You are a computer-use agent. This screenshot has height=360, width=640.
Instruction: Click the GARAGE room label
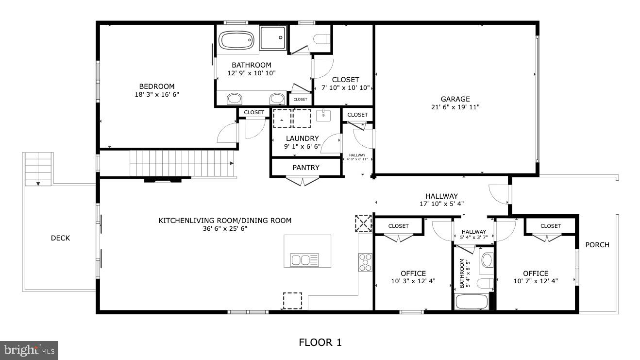[x=455, y=99]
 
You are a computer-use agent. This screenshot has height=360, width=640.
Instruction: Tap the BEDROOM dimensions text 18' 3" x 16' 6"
[x=157, y=95]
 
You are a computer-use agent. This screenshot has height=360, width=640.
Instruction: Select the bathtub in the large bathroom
[x=236, y=39]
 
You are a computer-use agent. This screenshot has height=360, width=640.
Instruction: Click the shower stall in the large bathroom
[x=272, y=38]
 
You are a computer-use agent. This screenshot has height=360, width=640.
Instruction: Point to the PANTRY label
[x=306, y=168]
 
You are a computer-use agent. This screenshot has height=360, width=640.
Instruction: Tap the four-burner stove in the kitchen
[x=365, y=262]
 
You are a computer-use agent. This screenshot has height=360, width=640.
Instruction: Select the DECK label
[x=60, y=238]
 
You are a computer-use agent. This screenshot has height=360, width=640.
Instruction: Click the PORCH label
[x=597, y=245]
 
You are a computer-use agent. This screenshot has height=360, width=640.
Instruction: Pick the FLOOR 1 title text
[x=320, y=343]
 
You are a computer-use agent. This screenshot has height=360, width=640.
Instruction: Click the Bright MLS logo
[x=29, y=350]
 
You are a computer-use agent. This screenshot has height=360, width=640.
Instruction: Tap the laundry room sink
[x=323, y=116]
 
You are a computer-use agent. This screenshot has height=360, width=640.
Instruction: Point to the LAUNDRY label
[x=302, y=138]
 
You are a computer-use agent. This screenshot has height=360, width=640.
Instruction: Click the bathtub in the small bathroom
[x=472, y=302]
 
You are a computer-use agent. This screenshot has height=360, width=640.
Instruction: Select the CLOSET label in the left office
[x=398, y=226]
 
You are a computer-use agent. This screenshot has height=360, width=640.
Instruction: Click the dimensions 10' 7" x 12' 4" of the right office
[x=536, y=281]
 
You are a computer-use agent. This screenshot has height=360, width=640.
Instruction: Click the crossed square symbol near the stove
[x=363, y=223]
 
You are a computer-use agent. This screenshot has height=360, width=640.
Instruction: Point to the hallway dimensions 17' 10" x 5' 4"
[x=441, y=204]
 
